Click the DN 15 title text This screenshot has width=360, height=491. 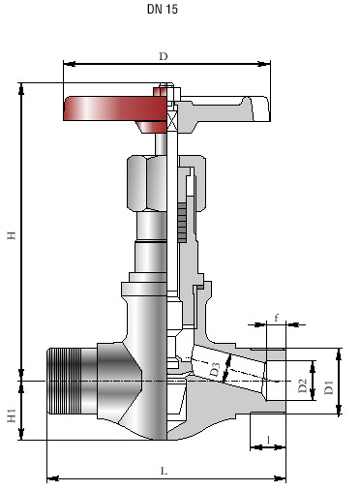(163, 9)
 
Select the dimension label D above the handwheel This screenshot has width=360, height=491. (164, 56)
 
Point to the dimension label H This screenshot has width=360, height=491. (12, 235)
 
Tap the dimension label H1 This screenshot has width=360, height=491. (12, 415)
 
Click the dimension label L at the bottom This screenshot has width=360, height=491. (165, 471)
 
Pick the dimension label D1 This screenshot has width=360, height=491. (329, 387)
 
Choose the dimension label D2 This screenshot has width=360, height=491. (303, 385)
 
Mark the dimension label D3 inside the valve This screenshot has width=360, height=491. (215, 370)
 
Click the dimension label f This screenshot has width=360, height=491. (277, 318)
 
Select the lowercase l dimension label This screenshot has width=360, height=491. (268, 439)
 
